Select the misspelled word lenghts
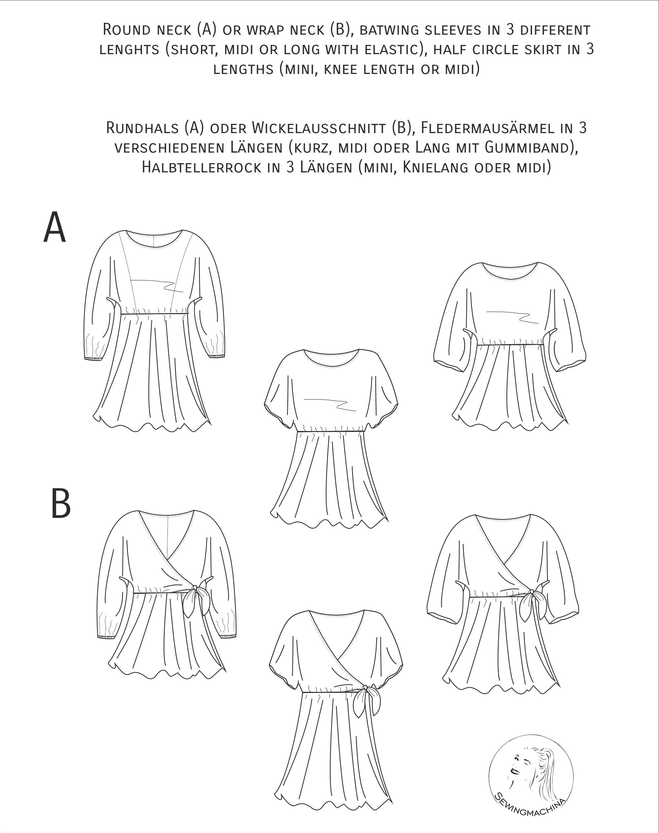click(129, 50)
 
